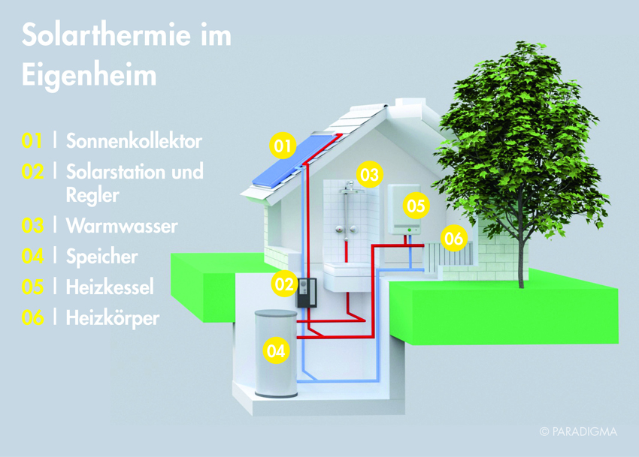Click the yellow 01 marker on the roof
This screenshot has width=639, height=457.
point(283,146)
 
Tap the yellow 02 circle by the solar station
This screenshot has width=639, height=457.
point(284,284)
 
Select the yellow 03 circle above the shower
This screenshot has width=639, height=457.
point(369,175)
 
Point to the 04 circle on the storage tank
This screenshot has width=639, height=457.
point(276,350)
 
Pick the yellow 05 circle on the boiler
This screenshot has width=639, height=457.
point(416,206)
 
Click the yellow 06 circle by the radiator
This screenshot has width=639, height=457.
point(453,238)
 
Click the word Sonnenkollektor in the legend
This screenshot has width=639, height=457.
point(134,141)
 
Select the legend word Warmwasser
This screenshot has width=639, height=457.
point(122,226)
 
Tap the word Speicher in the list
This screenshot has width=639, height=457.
point(102,257)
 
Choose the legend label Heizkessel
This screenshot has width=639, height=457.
point(110,287)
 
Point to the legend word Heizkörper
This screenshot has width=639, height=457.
point(113,318)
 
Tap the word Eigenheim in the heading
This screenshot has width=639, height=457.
point(89,76)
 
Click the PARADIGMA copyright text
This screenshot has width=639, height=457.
point(578,431)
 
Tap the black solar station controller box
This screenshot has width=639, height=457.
point(306,293)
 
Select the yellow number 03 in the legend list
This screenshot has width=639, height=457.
point(32,226)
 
